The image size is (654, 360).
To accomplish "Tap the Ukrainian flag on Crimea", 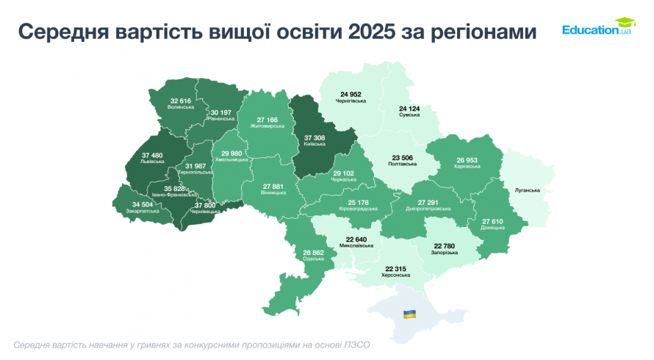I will coord(409,314).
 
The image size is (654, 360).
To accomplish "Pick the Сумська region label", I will coord(409,115).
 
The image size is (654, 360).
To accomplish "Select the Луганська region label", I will coord(528,190).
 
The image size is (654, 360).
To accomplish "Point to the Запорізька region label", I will coord(445,253).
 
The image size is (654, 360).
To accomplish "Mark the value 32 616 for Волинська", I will coord(181,101).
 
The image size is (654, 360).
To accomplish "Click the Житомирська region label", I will coord(267,126).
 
